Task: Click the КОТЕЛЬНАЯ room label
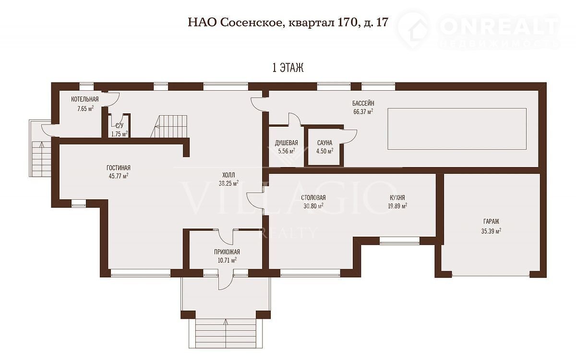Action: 84,99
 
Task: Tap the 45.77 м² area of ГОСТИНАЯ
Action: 119,176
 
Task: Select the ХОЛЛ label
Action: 228,175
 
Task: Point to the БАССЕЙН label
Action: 363,103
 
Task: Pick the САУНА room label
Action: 325,143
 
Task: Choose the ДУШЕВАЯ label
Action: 287,143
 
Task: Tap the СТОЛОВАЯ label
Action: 313,197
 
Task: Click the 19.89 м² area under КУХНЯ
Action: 397,206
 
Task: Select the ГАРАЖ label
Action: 492,221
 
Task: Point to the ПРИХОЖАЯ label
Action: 227,252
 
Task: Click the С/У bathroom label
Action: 120,125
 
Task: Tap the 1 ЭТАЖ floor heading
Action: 288,68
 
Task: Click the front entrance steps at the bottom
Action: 226,334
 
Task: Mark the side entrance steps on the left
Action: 41,159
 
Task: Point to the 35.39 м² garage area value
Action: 491,231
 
